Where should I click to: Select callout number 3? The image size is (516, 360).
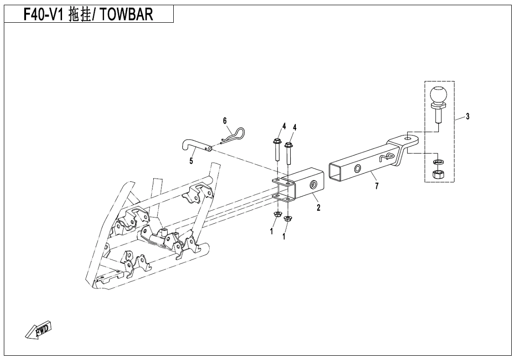[x=467, y=116]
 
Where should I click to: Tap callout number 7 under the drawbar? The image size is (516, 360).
[x=377, y=186]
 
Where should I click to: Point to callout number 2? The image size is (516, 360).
[x=318, y=207]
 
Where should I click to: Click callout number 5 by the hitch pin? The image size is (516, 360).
[x=191, y=161]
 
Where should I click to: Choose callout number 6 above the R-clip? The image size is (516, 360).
[x=225, y=121]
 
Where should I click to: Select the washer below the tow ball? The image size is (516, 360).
[x=437, y=162]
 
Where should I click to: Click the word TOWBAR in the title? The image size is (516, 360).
[x=126, y=15]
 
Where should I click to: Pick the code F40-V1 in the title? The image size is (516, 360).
[x=44, y=15]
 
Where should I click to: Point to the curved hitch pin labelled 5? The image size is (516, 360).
[x=197, y=146]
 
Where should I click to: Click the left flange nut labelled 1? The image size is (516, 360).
[x=277, y=215]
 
